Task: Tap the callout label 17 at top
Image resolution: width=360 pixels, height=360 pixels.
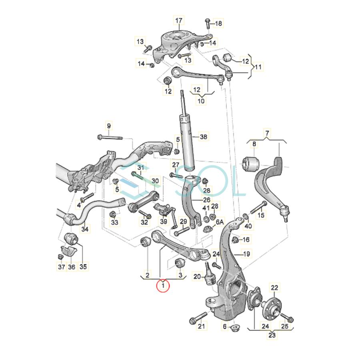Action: [178, 20]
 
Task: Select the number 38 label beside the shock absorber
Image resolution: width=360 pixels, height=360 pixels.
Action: [204, 137]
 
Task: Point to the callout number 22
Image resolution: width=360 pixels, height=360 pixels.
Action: [276, 287]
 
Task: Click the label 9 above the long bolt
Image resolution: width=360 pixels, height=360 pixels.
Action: [108, 126]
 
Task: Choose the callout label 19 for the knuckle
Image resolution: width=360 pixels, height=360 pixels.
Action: [246, 254]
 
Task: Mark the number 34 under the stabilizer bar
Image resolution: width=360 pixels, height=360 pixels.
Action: [85, 230]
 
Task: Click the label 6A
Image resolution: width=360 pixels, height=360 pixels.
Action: [220, 222]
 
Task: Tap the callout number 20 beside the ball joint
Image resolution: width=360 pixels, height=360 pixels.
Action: [197, 276]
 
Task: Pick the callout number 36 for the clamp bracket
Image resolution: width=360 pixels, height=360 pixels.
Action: [72, 267]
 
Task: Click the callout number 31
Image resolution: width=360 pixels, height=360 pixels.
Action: [140, 167]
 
